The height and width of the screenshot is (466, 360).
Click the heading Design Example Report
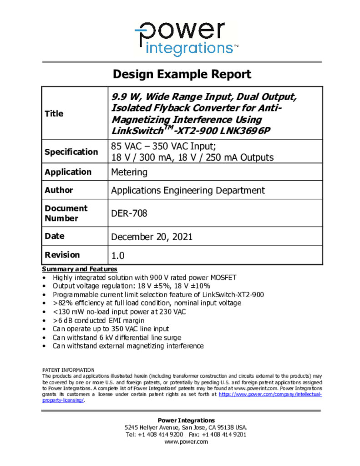pyautogui.click(x=182, y=74)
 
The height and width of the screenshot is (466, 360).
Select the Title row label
pyautogui.click(x=54, y=114)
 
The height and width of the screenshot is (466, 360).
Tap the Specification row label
pyautogui.click(x=71, y=152)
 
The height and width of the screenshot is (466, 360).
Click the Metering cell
pyautogui.click(x=129, y=172)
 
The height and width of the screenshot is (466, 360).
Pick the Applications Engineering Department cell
pyautogui.click(x=188, y=190)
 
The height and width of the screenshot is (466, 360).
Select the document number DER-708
pyautogui.click(x=129, y=213)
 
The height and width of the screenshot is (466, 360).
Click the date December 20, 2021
pyautogui.click(x=152, y=237)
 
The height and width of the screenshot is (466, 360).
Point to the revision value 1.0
pyautogui.click(x=118, y=255)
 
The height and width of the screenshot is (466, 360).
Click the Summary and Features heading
pyautogui.click(x=80, y=269)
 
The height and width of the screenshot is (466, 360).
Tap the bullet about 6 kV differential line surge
pyautogui.click(x=117, y=337)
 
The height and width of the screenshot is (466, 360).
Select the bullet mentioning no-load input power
pyautogui.click(x=119, y=312)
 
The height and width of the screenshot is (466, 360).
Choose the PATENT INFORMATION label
pyautogui.click(x=68, y=370)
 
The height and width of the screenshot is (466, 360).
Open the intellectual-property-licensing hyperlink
pyautogui.click(x=270, y=395)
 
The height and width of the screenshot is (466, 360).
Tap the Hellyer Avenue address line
pyautogui.click(x=186, y=428)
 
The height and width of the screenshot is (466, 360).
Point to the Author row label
pyautogui.click(x=59, y=190)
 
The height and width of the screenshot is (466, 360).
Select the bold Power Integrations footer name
pyautogui.click(x=186, y=420)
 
